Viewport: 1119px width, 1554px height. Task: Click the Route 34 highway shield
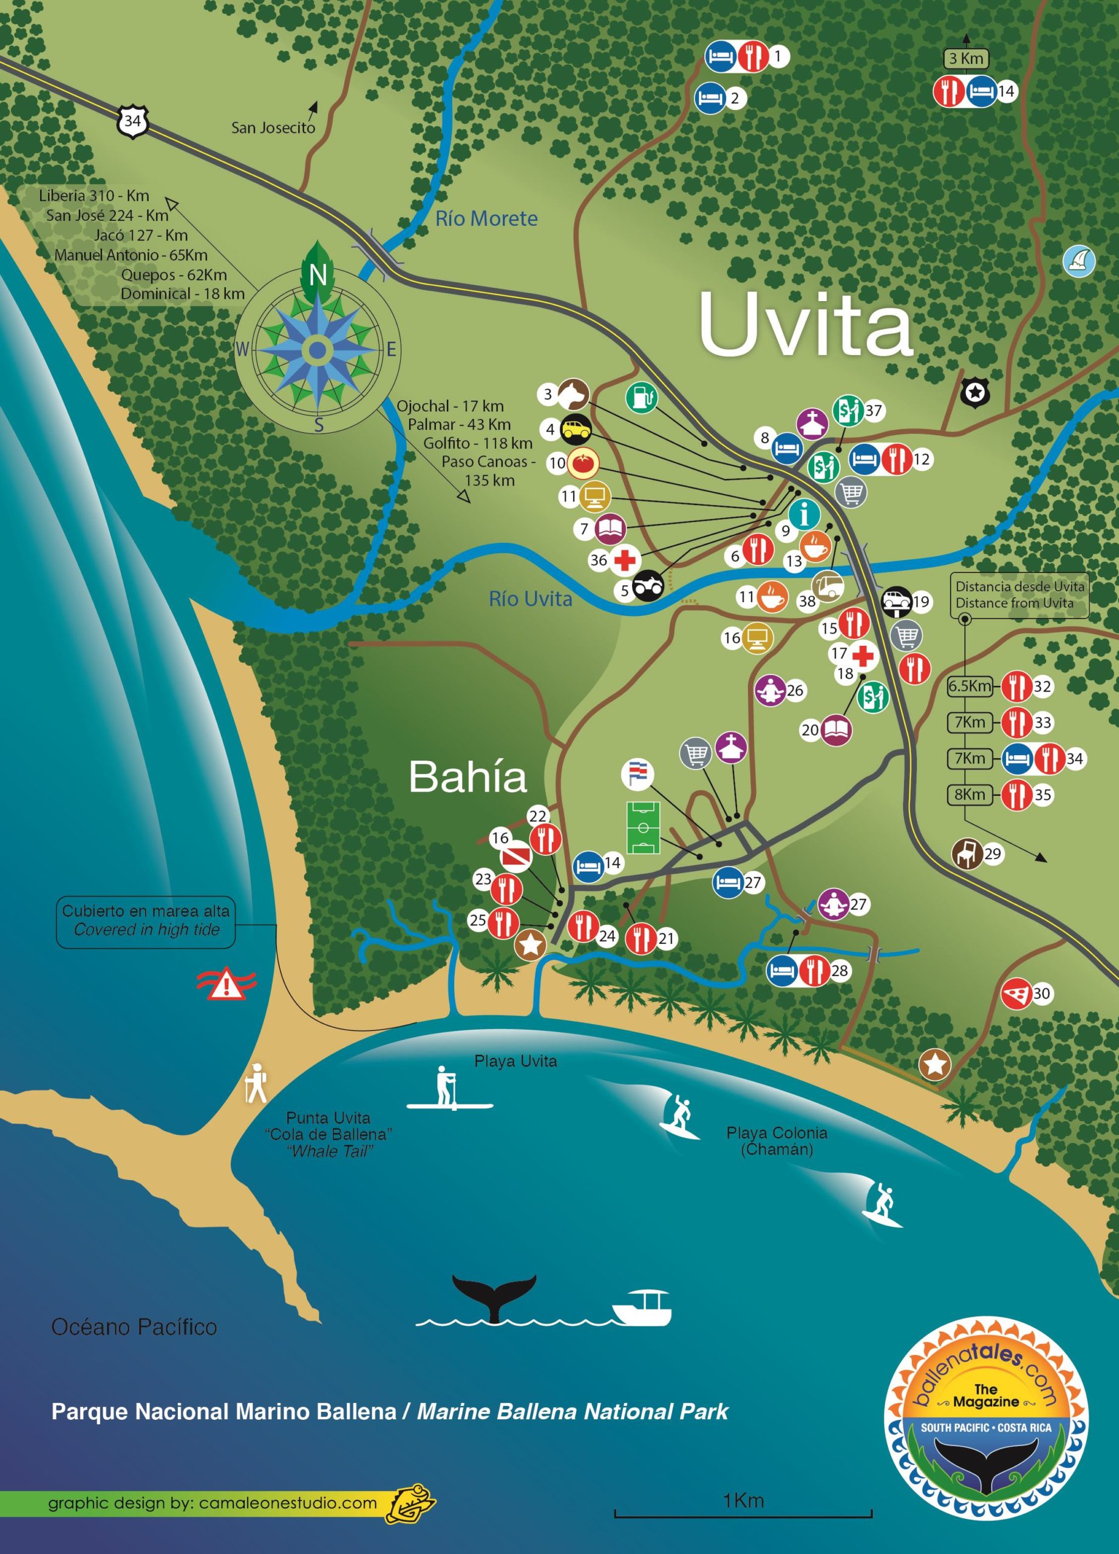pyautogui.click(x=133, y=122)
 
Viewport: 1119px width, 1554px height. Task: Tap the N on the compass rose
pyautogui.click(x=318, y=275)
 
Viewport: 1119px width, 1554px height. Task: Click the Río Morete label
pyautogui.click(x=486, y=219)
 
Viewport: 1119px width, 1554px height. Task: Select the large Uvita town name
pyautogui.click(x=805, y=325)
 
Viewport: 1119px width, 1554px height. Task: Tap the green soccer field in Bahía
pyautogui.click(x=643, y=828)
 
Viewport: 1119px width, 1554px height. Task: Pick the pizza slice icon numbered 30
pyautogui.click(x=1017, y=993)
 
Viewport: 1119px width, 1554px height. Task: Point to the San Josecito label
pyautogui.click(x=273, y=127)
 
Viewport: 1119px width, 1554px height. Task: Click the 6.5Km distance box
pyautogui.click(x=969, y=686)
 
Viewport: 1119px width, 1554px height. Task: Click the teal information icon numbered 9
pyautogui.click(x=804, y=513)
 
